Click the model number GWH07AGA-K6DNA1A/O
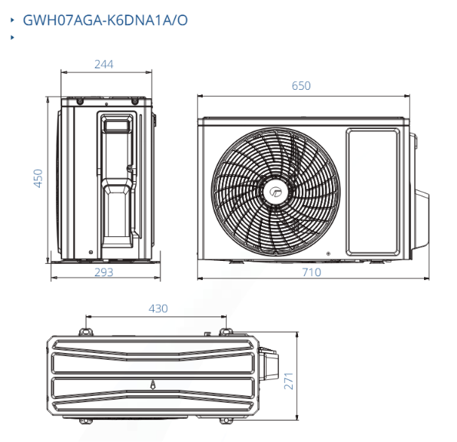point(105,21)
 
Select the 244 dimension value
point(104,64)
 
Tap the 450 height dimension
point(38,178)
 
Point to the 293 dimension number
point(104,272)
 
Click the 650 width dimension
point(301,86)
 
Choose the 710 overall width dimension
point(312,272)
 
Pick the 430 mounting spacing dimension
point(158,308)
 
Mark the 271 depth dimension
point(289,381)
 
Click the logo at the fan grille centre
point(275,192)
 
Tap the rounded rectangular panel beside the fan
point(373,193)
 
